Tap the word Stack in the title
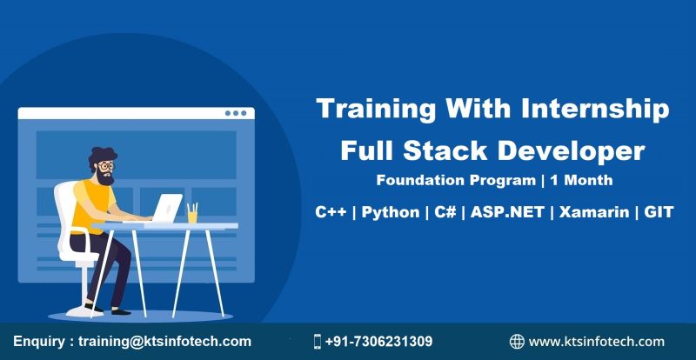pos(471,150)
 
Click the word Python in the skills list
pos(389,212)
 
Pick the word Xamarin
pos(594,212)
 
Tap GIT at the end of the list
pos(659,212)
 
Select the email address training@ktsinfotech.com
pos(164,342)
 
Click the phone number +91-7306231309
pos(378,342)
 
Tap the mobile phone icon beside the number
pos(318,342)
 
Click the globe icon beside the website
pos(517,342)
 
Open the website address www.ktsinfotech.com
pos(596,342)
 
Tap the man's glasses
pos(105,165)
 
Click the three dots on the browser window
pos(236,113)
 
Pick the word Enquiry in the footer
pos(41,342)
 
